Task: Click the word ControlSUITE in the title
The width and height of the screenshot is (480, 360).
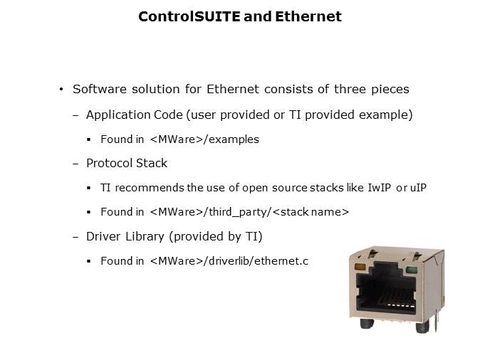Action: tap(189, 16)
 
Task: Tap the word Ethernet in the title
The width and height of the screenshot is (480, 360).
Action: tap(308, 16)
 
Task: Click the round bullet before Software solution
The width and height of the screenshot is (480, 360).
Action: tap(61, 90)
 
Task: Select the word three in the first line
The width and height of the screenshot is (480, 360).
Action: tap(350, 89)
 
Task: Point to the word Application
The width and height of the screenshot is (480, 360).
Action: tap(118, 115)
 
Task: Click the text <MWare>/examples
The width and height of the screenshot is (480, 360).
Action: tap(205, 139)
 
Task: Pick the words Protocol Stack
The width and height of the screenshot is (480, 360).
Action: tap(127, 164)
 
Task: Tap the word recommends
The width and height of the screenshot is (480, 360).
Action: tap(150, 188)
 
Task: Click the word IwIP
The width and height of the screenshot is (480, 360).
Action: tap(379, 188)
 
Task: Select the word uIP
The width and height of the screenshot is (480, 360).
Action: tap(418, 188)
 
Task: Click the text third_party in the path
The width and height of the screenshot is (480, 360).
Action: tap(238, 212)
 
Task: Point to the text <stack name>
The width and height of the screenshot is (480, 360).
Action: tap(311, 212)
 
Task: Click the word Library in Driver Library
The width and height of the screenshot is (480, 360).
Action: tap(145, 237)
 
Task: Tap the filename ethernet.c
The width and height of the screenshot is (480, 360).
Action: tap(281, 261)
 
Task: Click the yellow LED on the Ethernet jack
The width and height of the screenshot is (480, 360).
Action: tap(360, 267)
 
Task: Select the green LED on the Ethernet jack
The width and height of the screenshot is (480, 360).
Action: tap(411, 270)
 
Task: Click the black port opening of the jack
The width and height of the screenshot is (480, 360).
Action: tap(387, 290)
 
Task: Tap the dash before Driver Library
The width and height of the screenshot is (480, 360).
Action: tap(75, 237)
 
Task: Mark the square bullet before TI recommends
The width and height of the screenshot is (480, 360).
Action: tap(89, 188)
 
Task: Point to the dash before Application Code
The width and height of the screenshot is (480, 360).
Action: tap(75, 115)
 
